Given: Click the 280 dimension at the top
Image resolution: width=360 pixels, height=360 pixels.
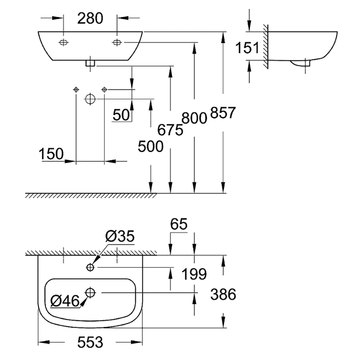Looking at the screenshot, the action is point(90,18).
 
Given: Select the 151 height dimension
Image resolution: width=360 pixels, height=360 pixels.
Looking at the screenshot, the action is point(247,48).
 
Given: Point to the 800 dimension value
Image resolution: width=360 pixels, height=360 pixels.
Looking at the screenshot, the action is point(194,118).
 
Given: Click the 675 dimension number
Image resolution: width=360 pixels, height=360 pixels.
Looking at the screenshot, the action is point(170,130).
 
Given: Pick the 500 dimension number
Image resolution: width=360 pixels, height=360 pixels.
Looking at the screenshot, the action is point(150,146).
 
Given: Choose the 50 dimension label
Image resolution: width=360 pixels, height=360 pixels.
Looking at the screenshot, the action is point(121,115).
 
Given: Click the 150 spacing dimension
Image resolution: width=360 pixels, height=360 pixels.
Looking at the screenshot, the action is point(51,154).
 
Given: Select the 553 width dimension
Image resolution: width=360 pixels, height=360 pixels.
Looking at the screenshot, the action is point(90,342).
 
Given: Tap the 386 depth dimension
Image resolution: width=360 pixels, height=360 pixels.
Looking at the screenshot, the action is point(223,294).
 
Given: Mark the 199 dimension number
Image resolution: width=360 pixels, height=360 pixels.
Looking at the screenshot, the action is point(194,274).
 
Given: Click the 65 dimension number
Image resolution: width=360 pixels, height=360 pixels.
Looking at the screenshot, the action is point(179,224).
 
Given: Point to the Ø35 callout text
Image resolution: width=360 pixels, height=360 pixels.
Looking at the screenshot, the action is point(120,236).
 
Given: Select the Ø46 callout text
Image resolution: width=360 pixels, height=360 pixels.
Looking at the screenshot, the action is point(65,301).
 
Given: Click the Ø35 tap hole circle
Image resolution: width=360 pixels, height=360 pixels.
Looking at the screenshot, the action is point(90,267).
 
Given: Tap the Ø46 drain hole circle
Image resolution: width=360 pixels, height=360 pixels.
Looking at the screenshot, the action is point(90,293).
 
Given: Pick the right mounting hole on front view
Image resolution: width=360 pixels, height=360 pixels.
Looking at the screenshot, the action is point(117,42).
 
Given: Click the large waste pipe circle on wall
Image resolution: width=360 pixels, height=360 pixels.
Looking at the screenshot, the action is point(90,99).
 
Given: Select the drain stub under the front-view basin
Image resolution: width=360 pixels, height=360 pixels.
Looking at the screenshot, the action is point(90,63).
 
